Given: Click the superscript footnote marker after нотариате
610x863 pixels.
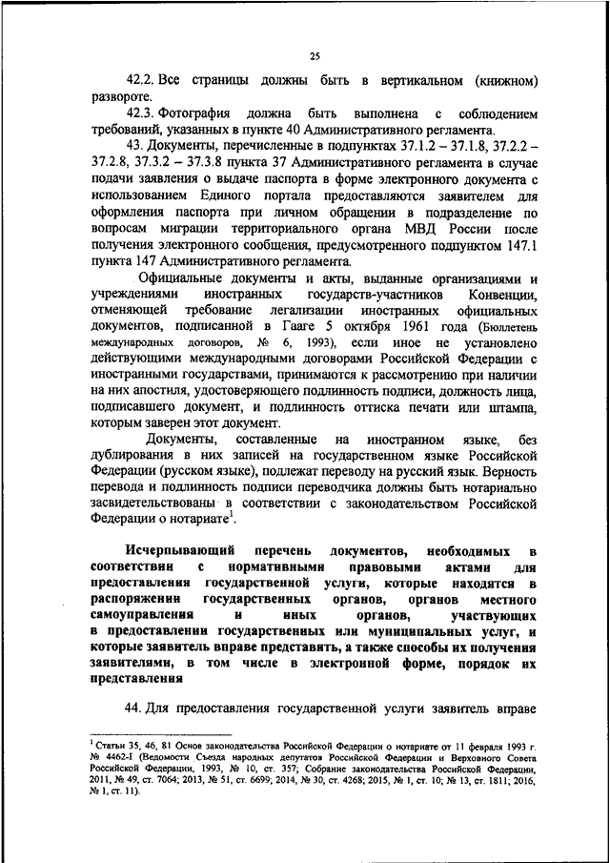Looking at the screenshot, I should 232,514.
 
